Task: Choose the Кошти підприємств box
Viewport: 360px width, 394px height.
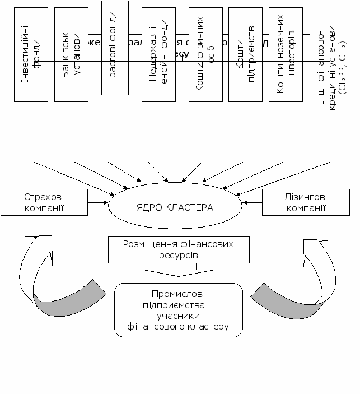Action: tap(245, 54)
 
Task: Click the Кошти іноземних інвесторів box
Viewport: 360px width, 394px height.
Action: tap(286, 54)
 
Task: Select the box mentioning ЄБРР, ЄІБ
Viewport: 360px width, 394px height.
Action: tap(333, 67)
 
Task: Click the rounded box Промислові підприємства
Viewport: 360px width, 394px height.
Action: tap(179, 310)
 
